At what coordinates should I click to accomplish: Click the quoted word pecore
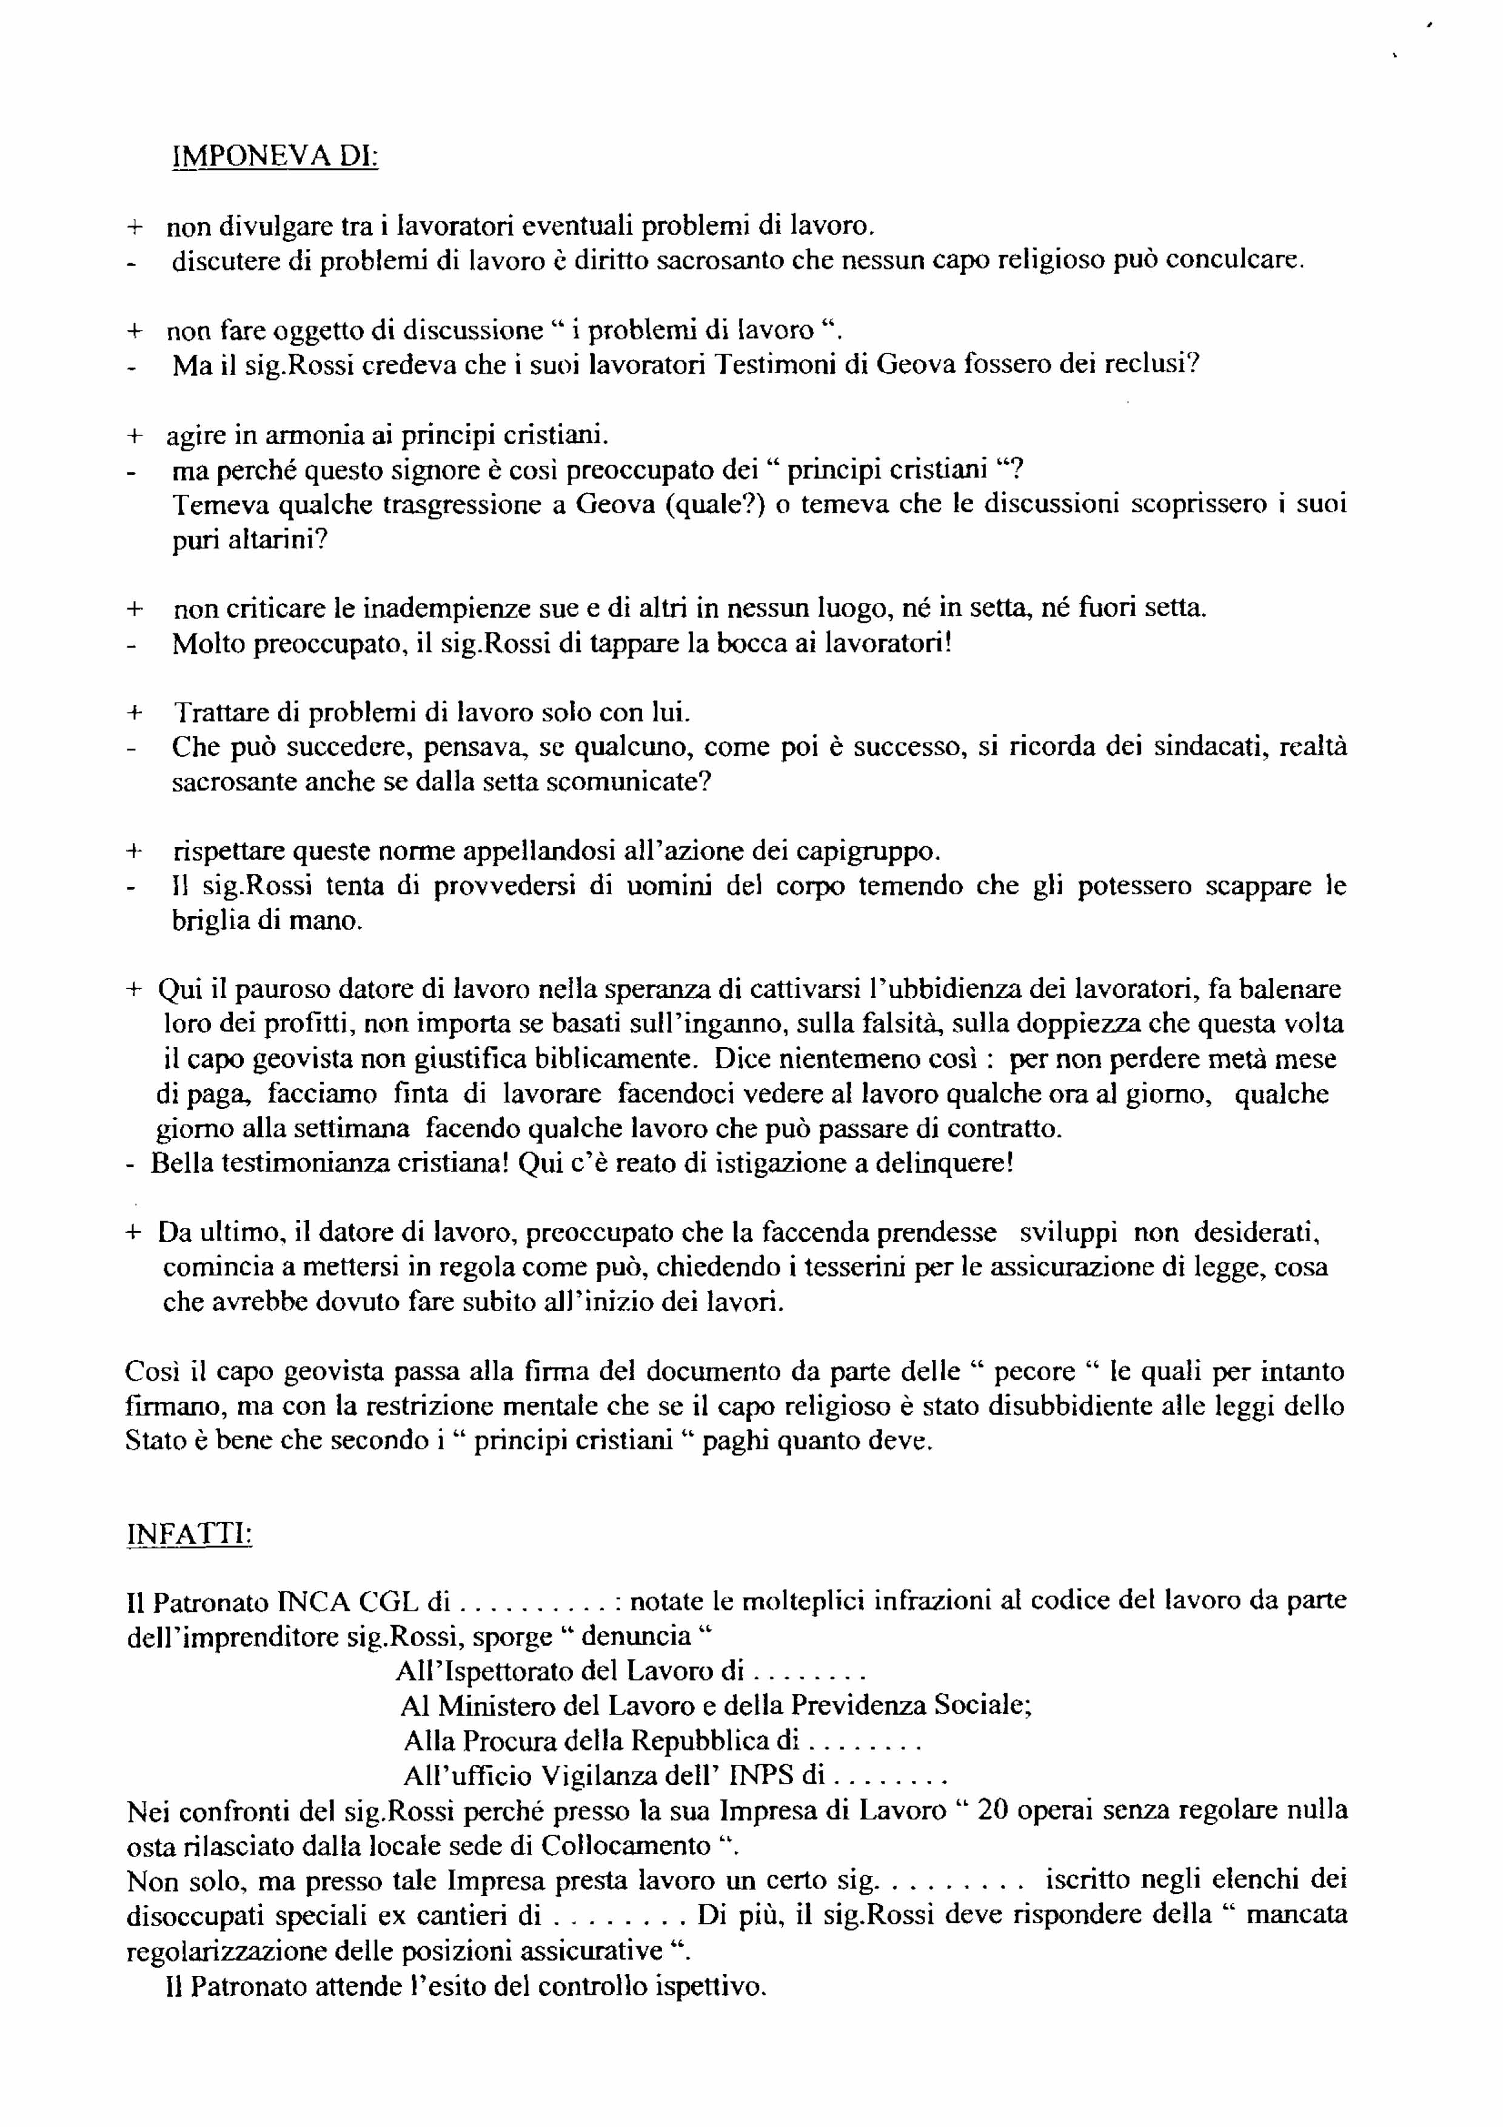pos(1043,1371)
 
